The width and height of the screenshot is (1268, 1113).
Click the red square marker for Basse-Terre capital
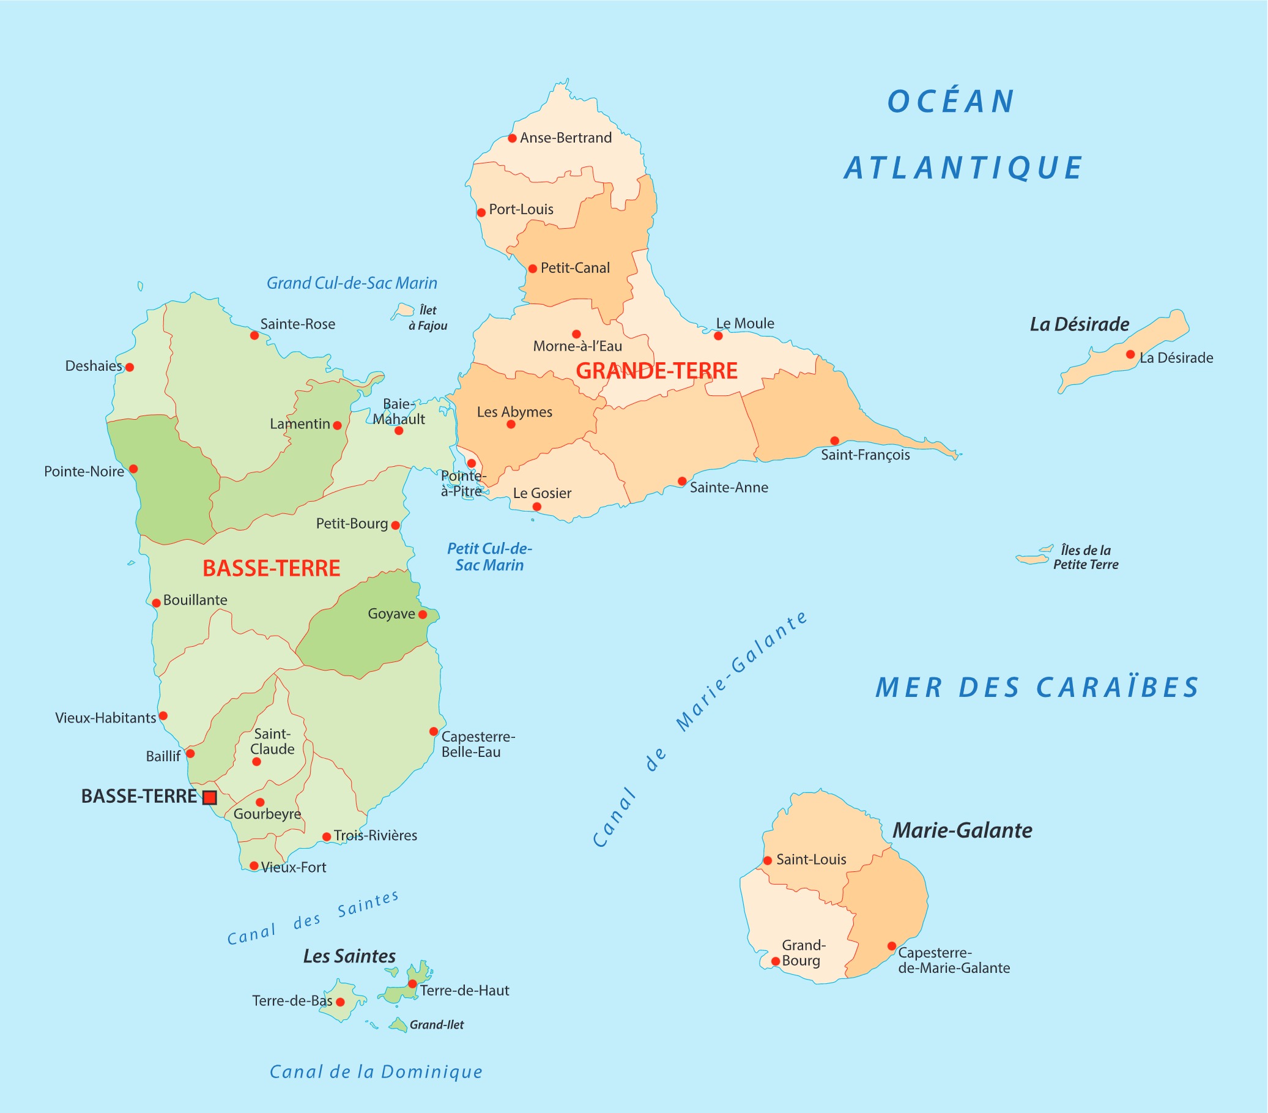pos(210,798)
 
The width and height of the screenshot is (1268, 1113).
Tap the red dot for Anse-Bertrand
pos(513,138)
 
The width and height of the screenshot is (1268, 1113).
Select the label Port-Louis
pos(521,209)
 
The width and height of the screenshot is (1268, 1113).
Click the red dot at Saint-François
pos(835,441)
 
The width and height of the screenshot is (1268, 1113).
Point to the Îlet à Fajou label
pos(428,318)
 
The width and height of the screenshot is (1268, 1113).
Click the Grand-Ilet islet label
pos(437,1025)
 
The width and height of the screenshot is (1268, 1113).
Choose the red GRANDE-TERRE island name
pos(656,371)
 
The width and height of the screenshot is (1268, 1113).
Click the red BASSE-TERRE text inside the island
pos(272,568)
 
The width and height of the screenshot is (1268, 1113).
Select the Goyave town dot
pos(423,615)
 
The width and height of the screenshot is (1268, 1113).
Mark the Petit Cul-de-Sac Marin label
pos(489,557)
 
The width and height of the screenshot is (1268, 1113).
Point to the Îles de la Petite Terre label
pos(1086,557)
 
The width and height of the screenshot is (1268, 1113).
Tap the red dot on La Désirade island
pos(1131,355)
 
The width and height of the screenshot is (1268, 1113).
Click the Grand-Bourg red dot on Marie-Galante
pos(776,962)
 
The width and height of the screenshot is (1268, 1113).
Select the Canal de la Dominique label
pos(376,1072)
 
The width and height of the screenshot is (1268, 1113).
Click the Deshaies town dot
pos(130,367)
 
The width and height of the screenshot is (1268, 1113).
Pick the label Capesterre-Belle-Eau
pos(478,744)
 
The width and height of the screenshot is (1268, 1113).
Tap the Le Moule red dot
pos(718,336)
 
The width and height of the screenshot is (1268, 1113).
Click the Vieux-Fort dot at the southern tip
pos(254,865)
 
